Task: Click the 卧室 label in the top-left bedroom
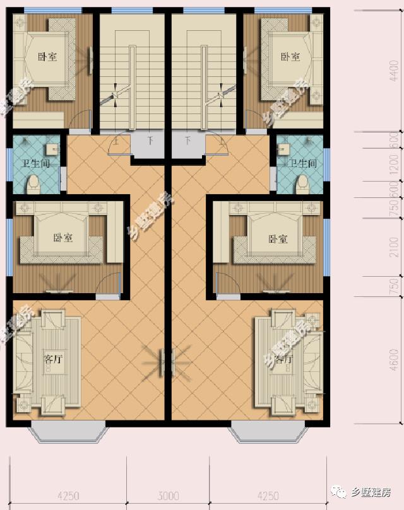47,57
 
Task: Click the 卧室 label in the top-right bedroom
290,57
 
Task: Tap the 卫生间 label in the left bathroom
36,163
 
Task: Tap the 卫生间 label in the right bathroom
303,163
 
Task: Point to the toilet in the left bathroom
33,183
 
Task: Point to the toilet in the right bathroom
303,183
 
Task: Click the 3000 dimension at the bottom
169,496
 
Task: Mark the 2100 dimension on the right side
395,248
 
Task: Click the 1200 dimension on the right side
395,164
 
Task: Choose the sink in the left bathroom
50,149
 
